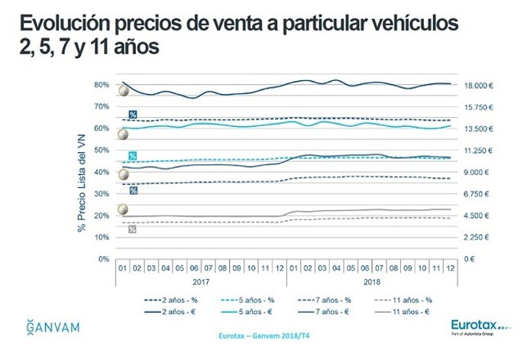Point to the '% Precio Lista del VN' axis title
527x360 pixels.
coord(80,173)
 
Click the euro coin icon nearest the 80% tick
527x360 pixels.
coord(123,92)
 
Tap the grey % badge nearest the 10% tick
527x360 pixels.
coord(132,229)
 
